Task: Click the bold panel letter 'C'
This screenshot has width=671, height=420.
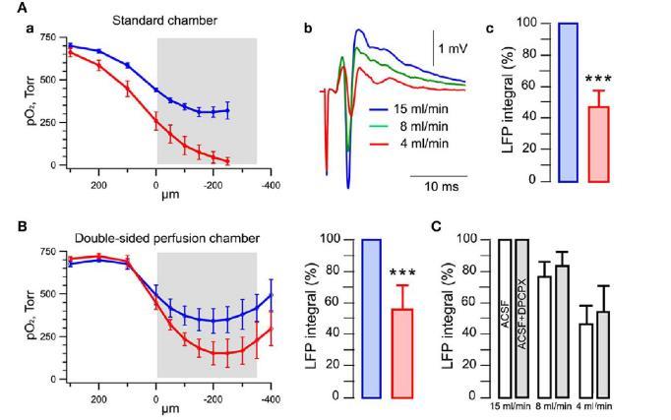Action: click(x=439, y=226)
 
